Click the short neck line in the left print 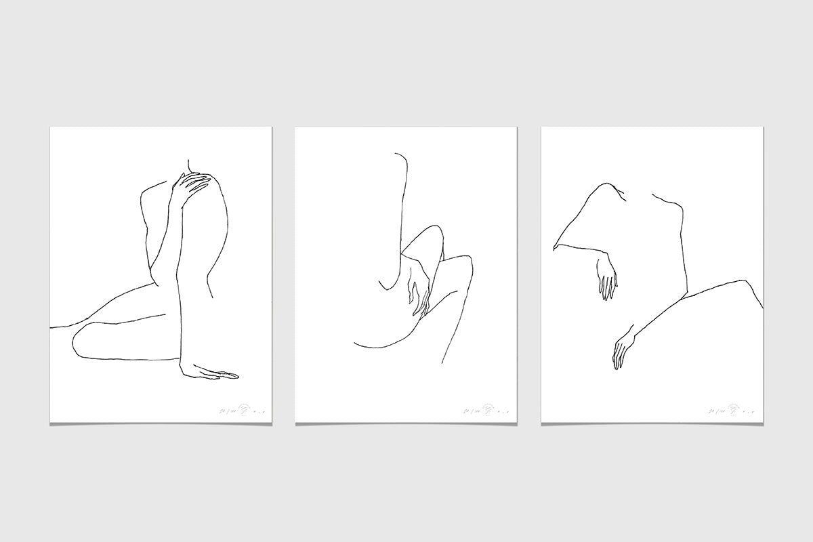pyautogui.click(x=188, y=165)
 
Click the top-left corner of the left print pyautogui.click(x=51, y=128)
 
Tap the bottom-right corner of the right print pyautogui.click(x=762, y=423)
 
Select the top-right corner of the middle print pyautogui.click(x=516, y=128)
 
